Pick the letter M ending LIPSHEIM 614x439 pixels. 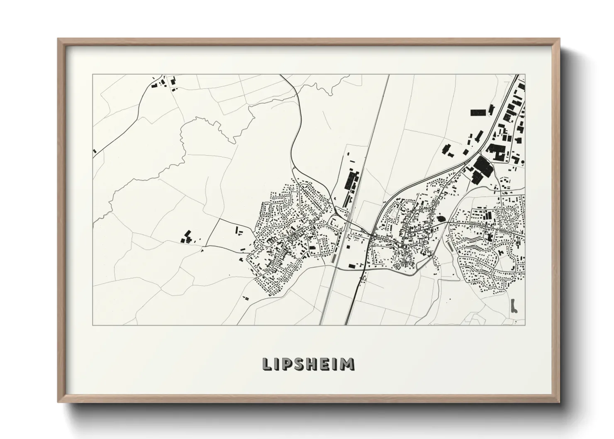point(348,364)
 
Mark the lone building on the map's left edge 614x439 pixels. point(95,151)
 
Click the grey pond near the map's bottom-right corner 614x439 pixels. point(514,306)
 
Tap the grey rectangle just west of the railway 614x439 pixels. point(333,258)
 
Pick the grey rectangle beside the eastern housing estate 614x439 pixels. point(449,246)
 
